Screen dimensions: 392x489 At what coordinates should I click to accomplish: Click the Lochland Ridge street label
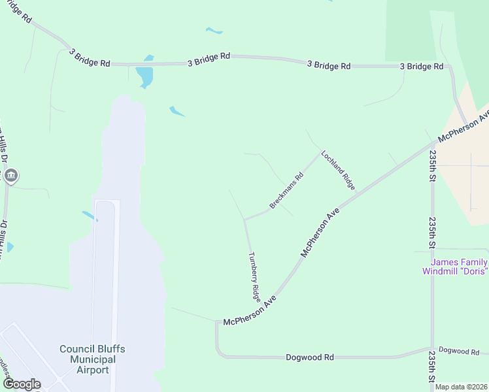coord(338,171)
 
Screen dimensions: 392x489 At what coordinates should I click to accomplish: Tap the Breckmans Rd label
coord(287,191)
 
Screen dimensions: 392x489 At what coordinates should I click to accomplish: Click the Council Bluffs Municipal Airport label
coord(92,359)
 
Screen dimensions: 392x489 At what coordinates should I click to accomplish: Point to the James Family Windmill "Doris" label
coord(454,267)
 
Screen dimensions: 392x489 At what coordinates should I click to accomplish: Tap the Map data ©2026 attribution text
coord(462,387)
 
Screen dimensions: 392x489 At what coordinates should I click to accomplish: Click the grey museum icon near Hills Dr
coord(11,176)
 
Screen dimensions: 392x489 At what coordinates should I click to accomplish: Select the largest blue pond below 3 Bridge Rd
coord(145,76)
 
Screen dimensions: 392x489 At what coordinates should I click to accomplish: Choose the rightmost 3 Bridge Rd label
coord(422,67)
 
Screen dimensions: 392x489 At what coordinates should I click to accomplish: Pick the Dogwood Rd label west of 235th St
coord(310,357)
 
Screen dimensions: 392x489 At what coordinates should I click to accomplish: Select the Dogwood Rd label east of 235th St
coord(458,351)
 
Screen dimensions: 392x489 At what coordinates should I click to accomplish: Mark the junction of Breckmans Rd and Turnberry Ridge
coord(244,220)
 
